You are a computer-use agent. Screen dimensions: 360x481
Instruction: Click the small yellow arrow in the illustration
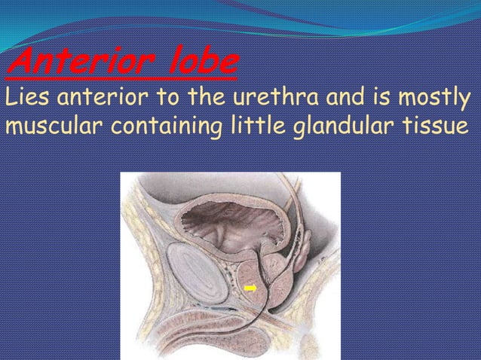tap(250, 288)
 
